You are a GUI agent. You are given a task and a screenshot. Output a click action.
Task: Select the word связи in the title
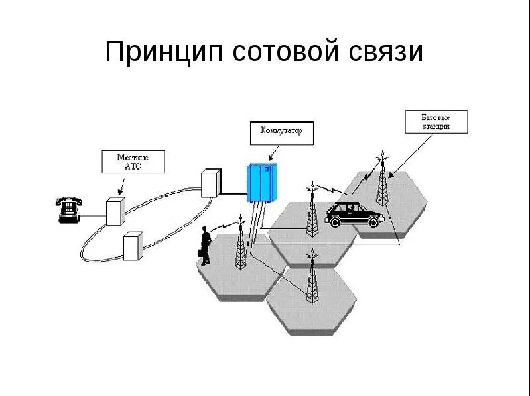pyautogui.click(x=385, y=52)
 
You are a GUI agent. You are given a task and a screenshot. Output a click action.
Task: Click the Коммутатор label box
pyautogui.click(x=281, y=132)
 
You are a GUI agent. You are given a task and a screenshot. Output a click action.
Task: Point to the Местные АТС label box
pyautogui.click(x=133, y=162)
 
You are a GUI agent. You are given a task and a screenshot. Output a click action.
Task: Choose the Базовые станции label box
pyautogui.click(x=436, y=121)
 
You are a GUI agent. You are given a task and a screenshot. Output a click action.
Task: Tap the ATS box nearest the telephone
pyautogui.click(x=115, y=211)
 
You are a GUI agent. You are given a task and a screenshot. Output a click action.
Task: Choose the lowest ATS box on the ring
pyautogui.click(x=133, y=245)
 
